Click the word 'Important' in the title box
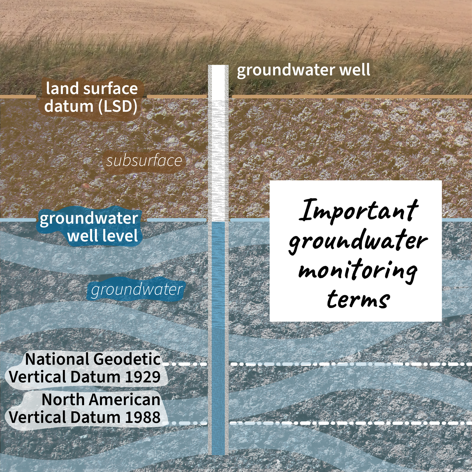[359, 211]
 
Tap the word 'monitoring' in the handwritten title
[358, 271]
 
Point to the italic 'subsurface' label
[144, 161]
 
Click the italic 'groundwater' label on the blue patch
[136, 290]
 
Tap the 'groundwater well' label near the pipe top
[303, 70]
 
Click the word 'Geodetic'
[127, 360]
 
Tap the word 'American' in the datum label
[125, 400]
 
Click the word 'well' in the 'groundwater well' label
[354, 70]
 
